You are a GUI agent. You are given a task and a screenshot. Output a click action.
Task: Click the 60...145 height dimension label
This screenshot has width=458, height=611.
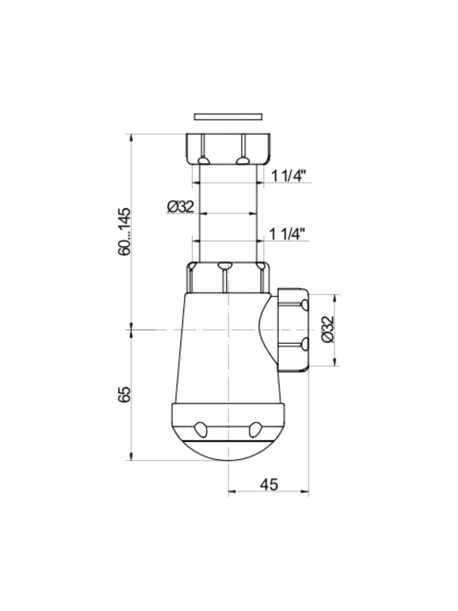(x=124, y=232)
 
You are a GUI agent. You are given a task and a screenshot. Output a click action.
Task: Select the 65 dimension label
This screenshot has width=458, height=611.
(x=124, y=394)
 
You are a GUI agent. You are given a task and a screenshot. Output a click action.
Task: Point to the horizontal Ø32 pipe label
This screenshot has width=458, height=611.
(x=180, y=207)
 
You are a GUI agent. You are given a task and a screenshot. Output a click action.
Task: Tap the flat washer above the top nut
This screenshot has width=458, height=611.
(x=228, y=116)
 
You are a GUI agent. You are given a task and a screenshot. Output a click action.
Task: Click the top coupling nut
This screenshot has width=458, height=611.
(x=228, y=149)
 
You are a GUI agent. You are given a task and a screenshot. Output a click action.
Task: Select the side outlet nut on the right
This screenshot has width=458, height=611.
(x=292, y=330)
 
